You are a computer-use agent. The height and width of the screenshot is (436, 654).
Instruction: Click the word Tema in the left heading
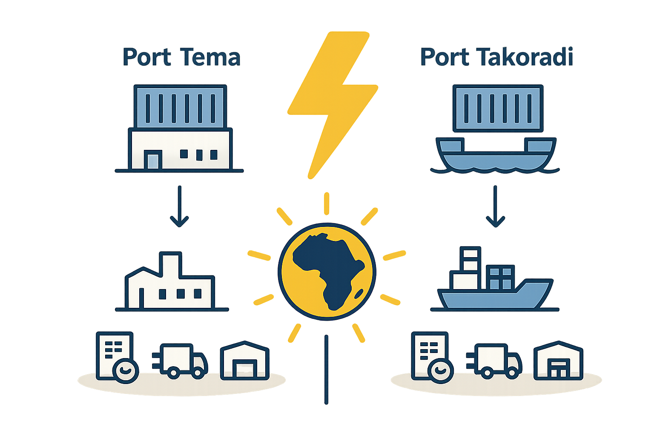click(210, 57)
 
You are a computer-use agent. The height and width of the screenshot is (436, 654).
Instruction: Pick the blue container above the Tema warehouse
click(181, 107)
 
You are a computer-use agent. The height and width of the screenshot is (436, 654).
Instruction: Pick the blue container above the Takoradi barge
click(498, 108)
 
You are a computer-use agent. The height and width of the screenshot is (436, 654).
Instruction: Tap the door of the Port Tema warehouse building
click(153, 160)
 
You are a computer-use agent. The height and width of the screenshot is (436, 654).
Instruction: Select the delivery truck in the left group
click(180, 361)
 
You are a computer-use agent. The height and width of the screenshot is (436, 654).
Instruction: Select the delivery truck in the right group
click(494, 361)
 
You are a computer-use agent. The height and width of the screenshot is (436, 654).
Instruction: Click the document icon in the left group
click(115, 355)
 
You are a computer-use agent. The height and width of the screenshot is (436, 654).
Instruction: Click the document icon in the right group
click(429, 355)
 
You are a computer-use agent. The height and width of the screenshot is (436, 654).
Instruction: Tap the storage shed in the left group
click(245, 360)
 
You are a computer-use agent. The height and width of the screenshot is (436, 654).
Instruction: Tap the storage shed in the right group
click(558, 360)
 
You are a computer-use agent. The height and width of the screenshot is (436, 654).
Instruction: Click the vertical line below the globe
click(327, 370)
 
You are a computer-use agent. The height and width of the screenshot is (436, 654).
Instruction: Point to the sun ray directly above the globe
click(327, 204)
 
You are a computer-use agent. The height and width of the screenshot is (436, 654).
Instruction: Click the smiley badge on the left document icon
click(126, 370)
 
